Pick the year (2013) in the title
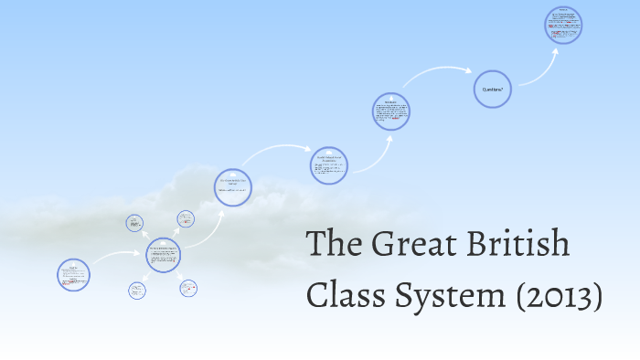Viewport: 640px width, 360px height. (x=560, y=295)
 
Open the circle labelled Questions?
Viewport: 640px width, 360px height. (x=492, y=90)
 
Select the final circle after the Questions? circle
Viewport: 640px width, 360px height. (x=563, y=25)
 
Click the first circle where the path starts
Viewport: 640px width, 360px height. (x=73, y=274)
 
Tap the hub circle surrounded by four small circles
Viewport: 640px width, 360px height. (x=163, y=256)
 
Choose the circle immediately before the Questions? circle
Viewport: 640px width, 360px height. (x=390, y=111)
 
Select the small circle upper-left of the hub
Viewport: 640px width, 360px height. (x=135, y=222)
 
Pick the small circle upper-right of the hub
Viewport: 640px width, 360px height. (x=186, y=218)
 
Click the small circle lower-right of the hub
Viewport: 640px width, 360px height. (x=188, y=288)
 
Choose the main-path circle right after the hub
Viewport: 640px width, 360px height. (x=232, y=187)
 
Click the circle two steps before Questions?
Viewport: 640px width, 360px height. (x=328, y=165)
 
